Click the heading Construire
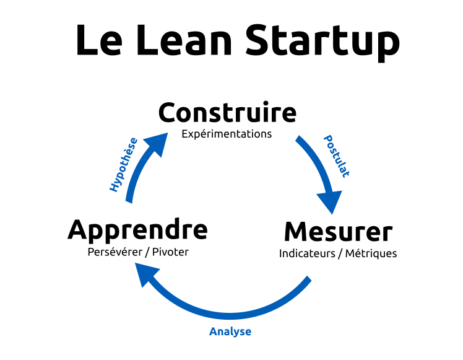pyautogui.click(x=227, y=113)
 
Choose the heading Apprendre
pyautogui.click(x=137, y=229)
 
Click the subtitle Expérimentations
pyautogui.click(x=227, y=134)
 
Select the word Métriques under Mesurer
pyautogui.click(x=371, y=253)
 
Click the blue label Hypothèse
pyautogui.click(x=123, y=164)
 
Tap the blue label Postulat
pyautogui.click(x=336, y=156)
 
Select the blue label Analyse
pyautogui.click(x=230, y=331)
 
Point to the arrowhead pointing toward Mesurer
pyautogui.click(x=329, y=202)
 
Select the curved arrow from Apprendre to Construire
pyautogui.click(x=136, y=177)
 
